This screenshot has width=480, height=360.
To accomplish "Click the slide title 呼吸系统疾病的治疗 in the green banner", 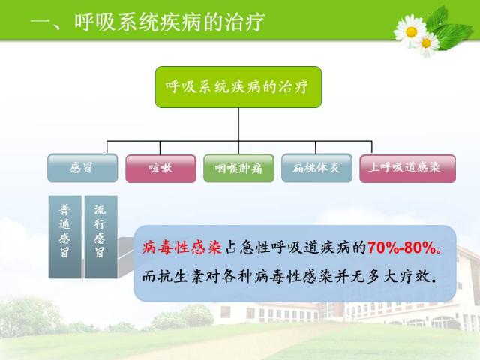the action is tap(169, 22).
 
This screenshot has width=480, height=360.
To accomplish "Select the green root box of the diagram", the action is tap(238, 87).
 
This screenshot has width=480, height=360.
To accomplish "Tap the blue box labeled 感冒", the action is tap(82, 168).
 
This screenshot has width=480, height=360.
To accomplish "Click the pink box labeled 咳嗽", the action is tap(160, 169).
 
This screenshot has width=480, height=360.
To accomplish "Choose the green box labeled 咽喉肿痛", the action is tap(238, 168).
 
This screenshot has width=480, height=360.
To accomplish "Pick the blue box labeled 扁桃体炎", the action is tap(316, 168).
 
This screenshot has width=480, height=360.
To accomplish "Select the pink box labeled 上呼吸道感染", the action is tap(407, 169).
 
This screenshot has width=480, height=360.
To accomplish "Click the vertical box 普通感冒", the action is tap(65, 237).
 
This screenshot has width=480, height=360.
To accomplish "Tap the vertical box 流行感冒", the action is tap(101, 237).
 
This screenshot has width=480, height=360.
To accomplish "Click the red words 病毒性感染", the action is tap(182, 247).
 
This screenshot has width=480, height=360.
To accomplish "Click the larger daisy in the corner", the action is tap(410, 31).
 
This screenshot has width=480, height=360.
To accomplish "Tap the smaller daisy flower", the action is tap(427, 44).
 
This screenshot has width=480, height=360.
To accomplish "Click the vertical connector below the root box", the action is tap(238, 124).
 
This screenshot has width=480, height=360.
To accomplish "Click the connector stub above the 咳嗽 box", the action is tap(160, 148).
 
